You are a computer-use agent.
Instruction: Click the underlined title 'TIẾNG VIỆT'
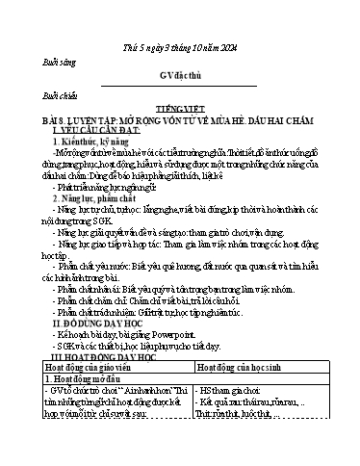point(180,111)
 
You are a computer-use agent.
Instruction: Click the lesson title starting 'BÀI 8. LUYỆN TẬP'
point(179,120)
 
